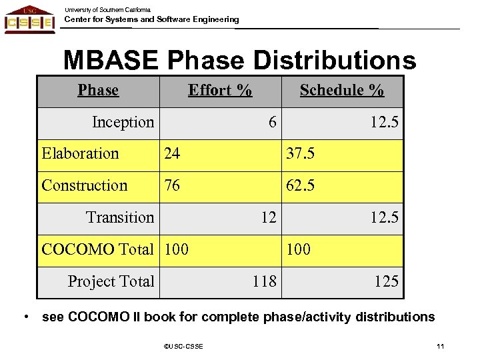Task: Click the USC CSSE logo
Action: point(29,19)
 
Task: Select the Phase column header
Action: point(98,90)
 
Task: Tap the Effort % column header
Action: point(220,90)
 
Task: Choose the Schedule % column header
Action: point(341,90)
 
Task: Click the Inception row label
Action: point(123,123)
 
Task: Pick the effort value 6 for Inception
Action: point(271,123)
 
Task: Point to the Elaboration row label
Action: point(80,154)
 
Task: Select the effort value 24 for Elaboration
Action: point(172,154)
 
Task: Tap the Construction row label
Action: point(84,185)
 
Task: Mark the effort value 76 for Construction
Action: point(172,185)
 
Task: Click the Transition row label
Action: point(120,217)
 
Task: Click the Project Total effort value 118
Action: point(265,281)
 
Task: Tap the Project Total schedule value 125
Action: point(387,281)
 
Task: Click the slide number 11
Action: point(439,345)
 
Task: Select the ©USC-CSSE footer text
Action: point(184,345)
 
